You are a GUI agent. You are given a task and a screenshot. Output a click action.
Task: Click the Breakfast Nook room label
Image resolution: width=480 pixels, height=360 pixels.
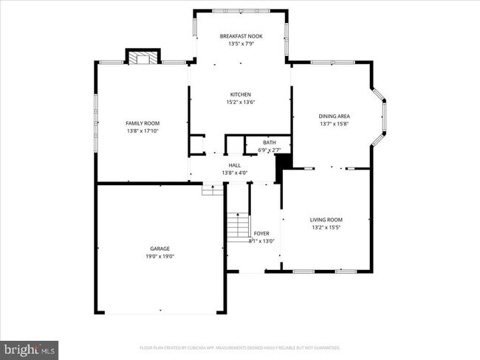241,36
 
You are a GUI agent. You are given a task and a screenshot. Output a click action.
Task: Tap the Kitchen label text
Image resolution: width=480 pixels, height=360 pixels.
241,94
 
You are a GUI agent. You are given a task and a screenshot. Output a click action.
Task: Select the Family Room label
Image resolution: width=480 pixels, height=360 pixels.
143,123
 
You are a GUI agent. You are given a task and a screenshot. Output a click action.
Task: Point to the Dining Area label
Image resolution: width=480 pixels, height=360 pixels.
334,117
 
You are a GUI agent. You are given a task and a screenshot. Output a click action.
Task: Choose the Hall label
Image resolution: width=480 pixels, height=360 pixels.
235,165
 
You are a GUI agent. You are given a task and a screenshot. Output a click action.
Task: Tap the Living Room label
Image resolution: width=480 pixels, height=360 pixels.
326,219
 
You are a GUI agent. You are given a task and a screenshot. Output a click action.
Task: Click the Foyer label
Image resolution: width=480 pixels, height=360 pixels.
261,233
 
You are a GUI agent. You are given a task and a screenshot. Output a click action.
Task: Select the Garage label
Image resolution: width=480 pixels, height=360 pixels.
160,249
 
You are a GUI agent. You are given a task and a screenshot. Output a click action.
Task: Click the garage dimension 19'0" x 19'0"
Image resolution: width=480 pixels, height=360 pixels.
160,256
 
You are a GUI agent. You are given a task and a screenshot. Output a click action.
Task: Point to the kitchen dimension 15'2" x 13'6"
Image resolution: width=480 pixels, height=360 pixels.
241,103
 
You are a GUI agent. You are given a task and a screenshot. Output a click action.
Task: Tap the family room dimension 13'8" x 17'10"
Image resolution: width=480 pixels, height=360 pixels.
143,131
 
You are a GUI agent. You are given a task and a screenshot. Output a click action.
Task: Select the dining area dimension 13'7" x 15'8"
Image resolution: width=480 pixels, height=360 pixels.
334,124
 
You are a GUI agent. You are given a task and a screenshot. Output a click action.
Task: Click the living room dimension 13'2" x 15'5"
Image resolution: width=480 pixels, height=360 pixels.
326,226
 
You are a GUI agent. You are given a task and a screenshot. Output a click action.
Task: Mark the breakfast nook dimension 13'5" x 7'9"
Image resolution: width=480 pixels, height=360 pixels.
241,44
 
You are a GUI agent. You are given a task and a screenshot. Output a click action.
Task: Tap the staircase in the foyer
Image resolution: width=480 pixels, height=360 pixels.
237,226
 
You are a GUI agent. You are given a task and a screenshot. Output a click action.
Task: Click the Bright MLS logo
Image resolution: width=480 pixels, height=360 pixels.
30,347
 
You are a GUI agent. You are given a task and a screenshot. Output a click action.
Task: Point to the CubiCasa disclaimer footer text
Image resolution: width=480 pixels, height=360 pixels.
239,347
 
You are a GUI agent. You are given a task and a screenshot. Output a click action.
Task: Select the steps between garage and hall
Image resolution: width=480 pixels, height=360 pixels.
212,190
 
